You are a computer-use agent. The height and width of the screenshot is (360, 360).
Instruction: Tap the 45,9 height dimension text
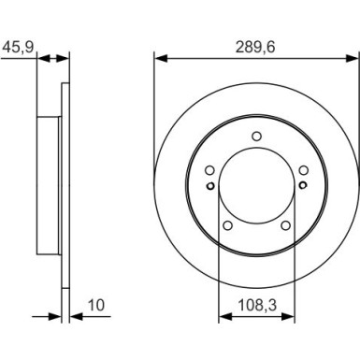pyautogui.click(x=15, y=44)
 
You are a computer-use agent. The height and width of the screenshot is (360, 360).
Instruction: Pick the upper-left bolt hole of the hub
pyautogui.click(x=209, y=170)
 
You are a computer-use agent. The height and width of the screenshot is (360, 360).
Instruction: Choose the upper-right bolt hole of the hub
pyautogui.click(x=304, y=170)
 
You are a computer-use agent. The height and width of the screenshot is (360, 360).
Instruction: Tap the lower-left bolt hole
pyautogui.click(x=227, y=225)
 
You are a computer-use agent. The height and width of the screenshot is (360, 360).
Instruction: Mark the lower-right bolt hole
pyautogui.click(x=286, y=225)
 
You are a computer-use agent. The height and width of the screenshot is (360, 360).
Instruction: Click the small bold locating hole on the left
pyautogui.click(x=212, y=184)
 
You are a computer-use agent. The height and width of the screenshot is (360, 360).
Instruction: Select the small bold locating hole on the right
pyautogui.click(x=301, y=184)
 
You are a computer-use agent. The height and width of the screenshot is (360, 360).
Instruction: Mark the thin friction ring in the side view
pyautogui.click(x=65, y=187)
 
